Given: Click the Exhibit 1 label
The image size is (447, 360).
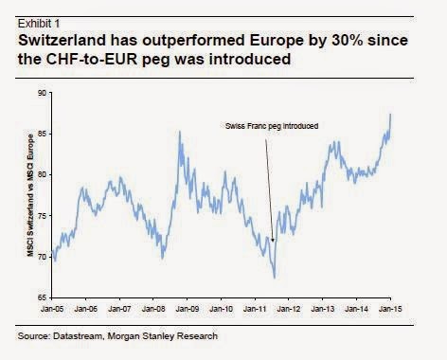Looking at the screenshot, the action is point(39,24).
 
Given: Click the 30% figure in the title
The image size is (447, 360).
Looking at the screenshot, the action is point(347,41).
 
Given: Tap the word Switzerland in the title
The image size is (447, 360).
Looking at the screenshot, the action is point(62,41).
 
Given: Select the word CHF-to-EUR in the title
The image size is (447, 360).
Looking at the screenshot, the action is point(92,59).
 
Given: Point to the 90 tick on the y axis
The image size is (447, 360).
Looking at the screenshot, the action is point(42,93).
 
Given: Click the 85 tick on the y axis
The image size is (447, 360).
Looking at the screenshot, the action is point(42,134).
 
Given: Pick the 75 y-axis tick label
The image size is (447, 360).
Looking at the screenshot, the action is point(42,216).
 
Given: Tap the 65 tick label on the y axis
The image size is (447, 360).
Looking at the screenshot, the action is point(42,297).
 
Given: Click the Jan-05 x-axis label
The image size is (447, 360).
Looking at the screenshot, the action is point(52,309).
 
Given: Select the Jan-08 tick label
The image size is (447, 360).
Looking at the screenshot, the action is point(153,309).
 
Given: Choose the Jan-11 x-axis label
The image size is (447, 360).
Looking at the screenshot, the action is point(255,309).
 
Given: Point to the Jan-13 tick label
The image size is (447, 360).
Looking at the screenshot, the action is point(323,309).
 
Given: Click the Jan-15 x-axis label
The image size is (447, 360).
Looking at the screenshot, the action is point(390,309).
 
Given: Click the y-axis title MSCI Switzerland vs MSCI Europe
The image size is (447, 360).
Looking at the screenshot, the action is point(30,195).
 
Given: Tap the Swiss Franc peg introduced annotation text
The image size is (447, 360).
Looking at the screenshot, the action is point(272,126).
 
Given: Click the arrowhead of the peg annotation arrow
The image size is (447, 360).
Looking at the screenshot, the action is point(273,240).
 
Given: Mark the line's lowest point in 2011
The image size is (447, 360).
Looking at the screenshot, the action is point(275,279).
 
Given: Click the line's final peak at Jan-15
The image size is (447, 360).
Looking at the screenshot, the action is point(390,114).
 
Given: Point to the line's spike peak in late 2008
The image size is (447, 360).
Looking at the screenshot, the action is point(180,132).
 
